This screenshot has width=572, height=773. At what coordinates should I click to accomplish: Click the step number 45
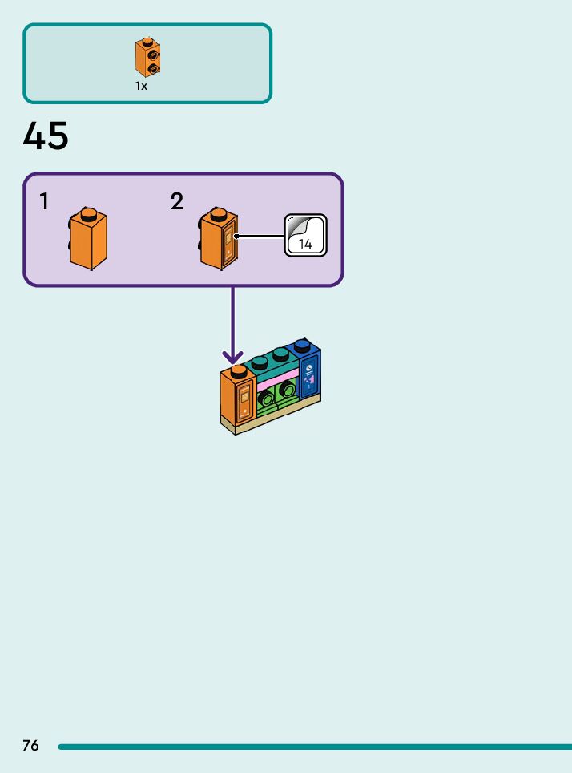46,136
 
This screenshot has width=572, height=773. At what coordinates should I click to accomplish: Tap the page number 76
30,745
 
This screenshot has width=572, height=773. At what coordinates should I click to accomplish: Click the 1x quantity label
142,86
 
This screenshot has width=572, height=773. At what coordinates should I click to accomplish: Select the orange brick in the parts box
147,57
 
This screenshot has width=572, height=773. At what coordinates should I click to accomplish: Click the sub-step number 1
44,201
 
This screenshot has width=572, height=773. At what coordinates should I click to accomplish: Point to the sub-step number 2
177,201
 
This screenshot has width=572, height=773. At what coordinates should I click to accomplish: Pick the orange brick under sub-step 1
87,239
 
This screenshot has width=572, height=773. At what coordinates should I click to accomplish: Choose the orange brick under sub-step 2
218,239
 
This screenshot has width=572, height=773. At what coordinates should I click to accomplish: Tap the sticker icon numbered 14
305,235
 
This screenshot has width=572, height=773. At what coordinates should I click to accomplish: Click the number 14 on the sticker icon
305,244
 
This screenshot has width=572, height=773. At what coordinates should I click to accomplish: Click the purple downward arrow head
232,357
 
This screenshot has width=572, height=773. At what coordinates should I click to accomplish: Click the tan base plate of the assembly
271,415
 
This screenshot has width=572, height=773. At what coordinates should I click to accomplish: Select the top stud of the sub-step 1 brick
88,214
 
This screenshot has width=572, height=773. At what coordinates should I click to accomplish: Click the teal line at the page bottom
315,747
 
